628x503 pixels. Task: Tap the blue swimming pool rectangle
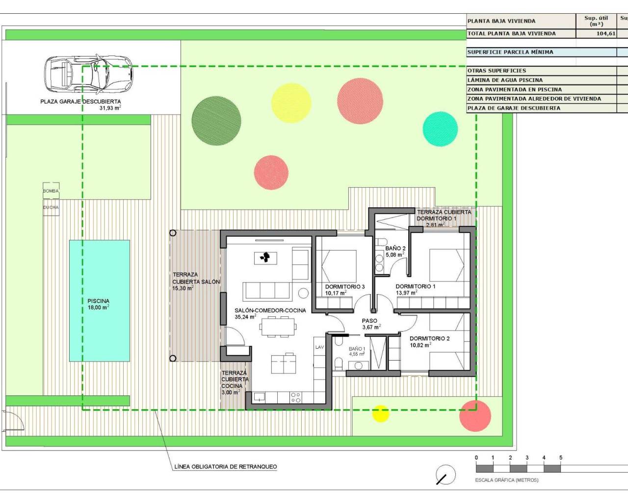coord(99,301)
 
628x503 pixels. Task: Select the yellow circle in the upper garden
coord(291,103)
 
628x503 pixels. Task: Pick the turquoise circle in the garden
coord(440,129)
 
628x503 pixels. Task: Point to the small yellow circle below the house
coord(380,414)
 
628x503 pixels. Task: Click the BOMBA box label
coord(51,191)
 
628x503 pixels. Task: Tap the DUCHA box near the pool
coord(51,207)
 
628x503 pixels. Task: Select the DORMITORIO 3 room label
coord(345,287)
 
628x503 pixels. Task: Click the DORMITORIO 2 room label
coord(429,338)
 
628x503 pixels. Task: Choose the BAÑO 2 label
coord(395,249)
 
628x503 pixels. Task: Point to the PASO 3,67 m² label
coord(370,324)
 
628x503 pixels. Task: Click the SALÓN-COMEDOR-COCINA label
coord(270,310)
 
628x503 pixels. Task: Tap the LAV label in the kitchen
coord(319,347)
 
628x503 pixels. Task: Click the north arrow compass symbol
coord(445,475)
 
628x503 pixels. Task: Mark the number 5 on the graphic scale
coord(561,458)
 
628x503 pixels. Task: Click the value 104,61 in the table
coord(605,34)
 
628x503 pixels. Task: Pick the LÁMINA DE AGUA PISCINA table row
coord(505,80)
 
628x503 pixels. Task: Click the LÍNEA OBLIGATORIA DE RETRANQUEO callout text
coord(225,467)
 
